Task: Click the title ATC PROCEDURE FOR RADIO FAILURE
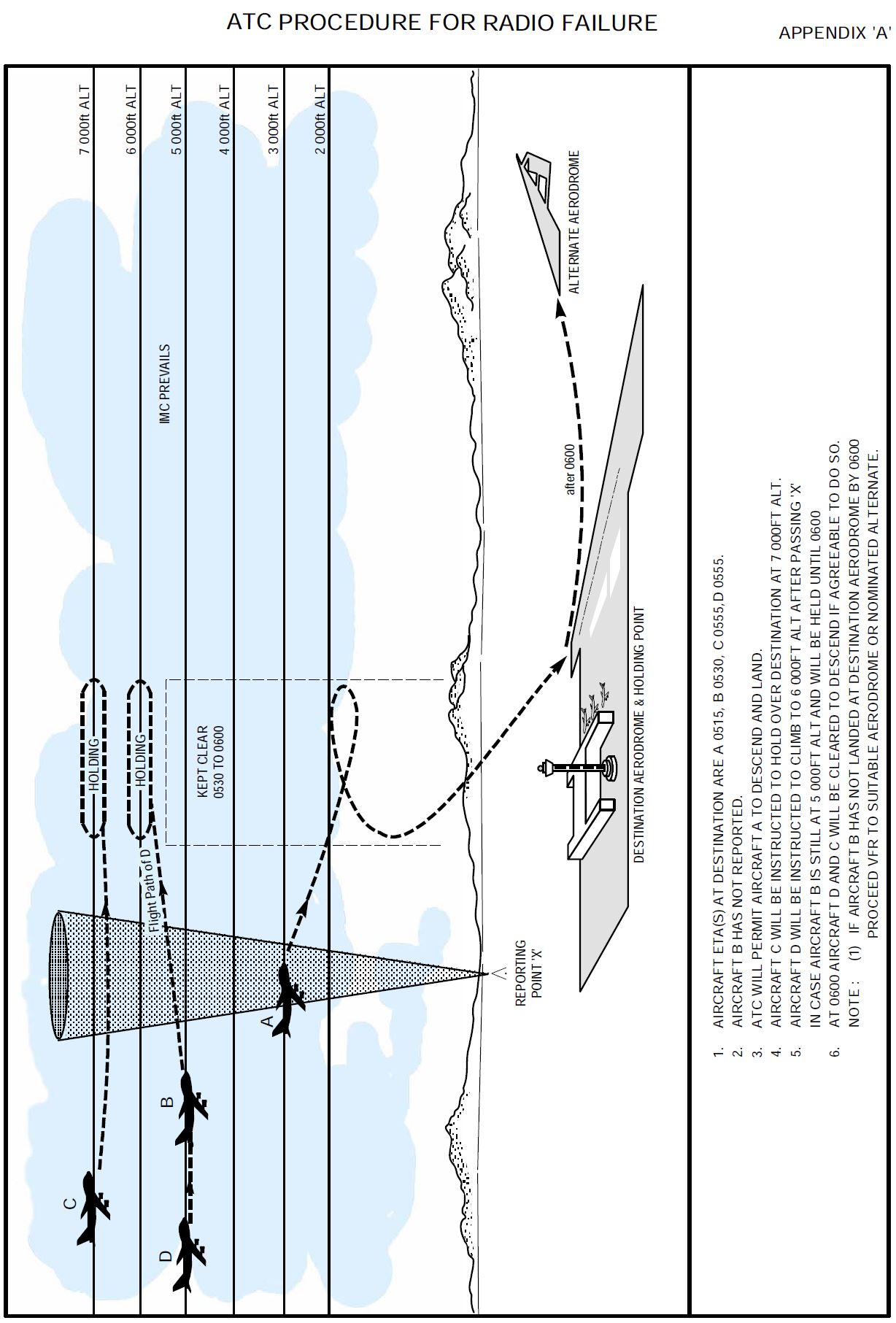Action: pyautogui.click(x=441, y=23)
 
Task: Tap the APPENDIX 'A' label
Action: pyautogui.click(x=834, y=34)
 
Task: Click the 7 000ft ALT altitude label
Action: pyautogui.click(x=85, y=120)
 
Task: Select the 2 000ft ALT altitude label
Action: pyautogui.click(x=320, y=120)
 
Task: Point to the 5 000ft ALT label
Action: pyautogui.click(x=177, y=120)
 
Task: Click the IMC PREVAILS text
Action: pyautogui.click(x=166, y=384)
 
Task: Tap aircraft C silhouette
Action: pyautogui.click(x=92, y=1208)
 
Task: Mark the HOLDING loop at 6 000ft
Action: pyautogui.click(x=140, y=759)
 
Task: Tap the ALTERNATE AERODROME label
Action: pyautogui.click(x=574, y=223)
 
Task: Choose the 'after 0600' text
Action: pyautogui.click(x=571, y=470)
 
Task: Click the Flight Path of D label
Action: pyautogui.click(x=150, y=890)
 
